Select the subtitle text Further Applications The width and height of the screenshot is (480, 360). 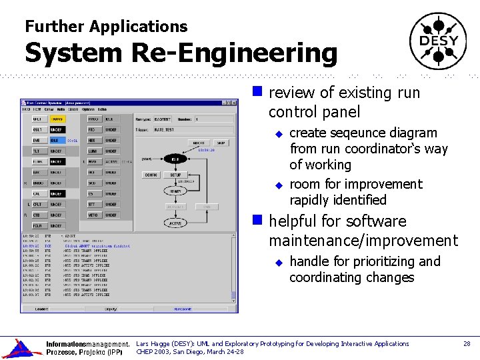[x=106, y=27]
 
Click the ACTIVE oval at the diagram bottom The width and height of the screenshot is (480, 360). [x=175, y=223]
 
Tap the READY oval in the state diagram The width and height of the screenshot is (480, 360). [x=175, y=191]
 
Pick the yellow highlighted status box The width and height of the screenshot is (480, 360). [x=57, y=119]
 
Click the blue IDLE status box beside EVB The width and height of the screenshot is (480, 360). [x=57, y=141]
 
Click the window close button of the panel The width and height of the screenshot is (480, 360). [x=234, y=103]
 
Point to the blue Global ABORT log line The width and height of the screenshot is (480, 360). [x=87, y=246]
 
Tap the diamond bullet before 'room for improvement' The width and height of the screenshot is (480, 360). [x=280, y=185]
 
